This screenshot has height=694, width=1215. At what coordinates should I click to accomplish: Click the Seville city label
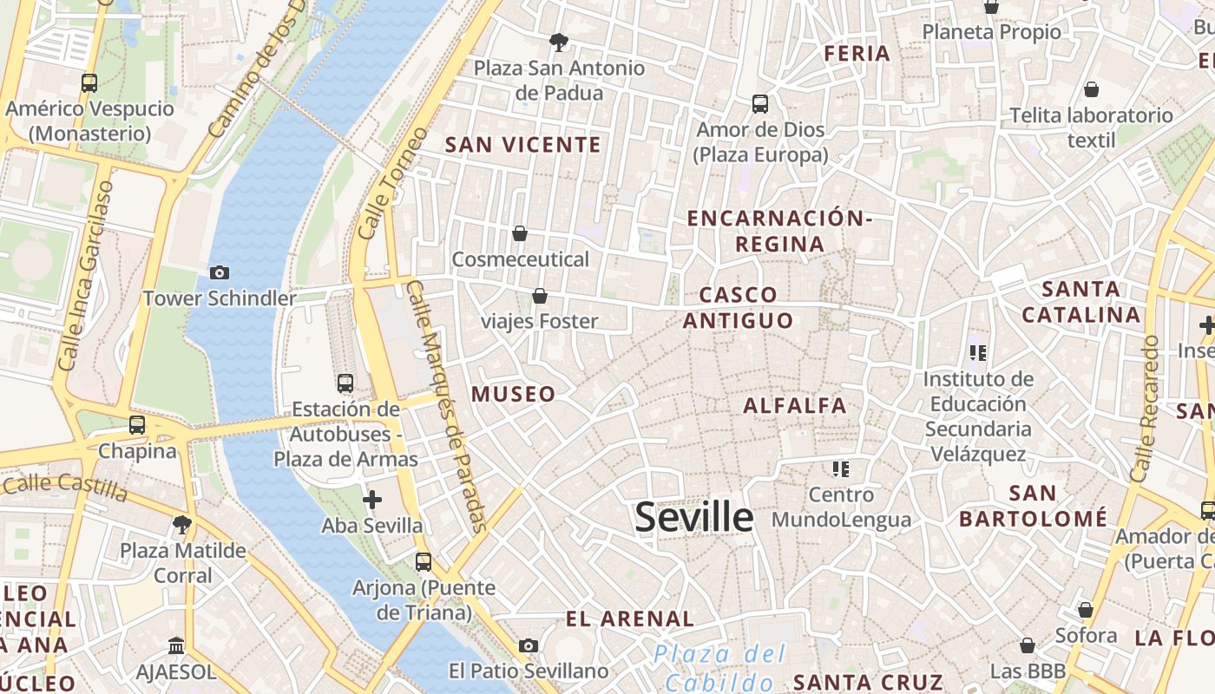coord(693,518)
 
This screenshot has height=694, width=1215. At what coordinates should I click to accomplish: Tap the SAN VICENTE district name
coord(522,145)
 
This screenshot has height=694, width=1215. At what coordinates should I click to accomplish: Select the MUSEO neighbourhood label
coord(513,394)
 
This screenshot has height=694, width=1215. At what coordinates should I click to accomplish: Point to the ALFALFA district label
coord(794,405)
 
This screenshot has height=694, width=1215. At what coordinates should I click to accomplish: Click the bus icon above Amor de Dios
coord(760,104)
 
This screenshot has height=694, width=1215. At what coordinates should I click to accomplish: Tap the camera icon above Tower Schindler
coord(220,272)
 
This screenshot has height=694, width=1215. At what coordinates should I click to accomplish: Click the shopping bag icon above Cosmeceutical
coord(520,233)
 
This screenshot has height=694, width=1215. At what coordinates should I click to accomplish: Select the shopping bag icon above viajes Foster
coord(540,296)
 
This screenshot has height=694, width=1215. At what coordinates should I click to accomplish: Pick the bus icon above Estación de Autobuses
coord(345,383)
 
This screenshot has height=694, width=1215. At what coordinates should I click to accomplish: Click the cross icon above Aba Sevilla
coord(372,500)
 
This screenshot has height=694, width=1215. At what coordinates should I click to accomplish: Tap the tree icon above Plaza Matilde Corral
coord(182,524)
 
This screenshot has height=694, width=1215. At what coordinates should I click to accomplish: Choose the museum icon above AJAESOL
coord(176,645)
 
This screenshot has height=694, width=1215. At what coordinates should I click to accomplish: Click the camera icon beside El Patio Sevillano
coord(529,645)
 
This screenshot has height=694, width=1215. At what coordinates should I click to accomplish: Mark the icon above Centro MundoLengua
coord(840,469)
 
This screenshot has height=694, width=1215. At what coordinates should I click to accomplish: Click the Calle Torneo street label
coord(392,184)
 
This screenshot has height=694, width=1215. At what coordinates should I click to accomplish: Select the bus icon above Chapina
coord(137,425)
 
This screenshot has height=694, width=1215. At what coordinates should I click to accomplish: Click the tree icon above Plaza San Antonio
coord(559,42)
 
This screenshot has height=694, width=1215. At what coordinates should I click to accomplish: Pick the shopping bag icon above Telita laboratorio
coord(1091,89)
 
